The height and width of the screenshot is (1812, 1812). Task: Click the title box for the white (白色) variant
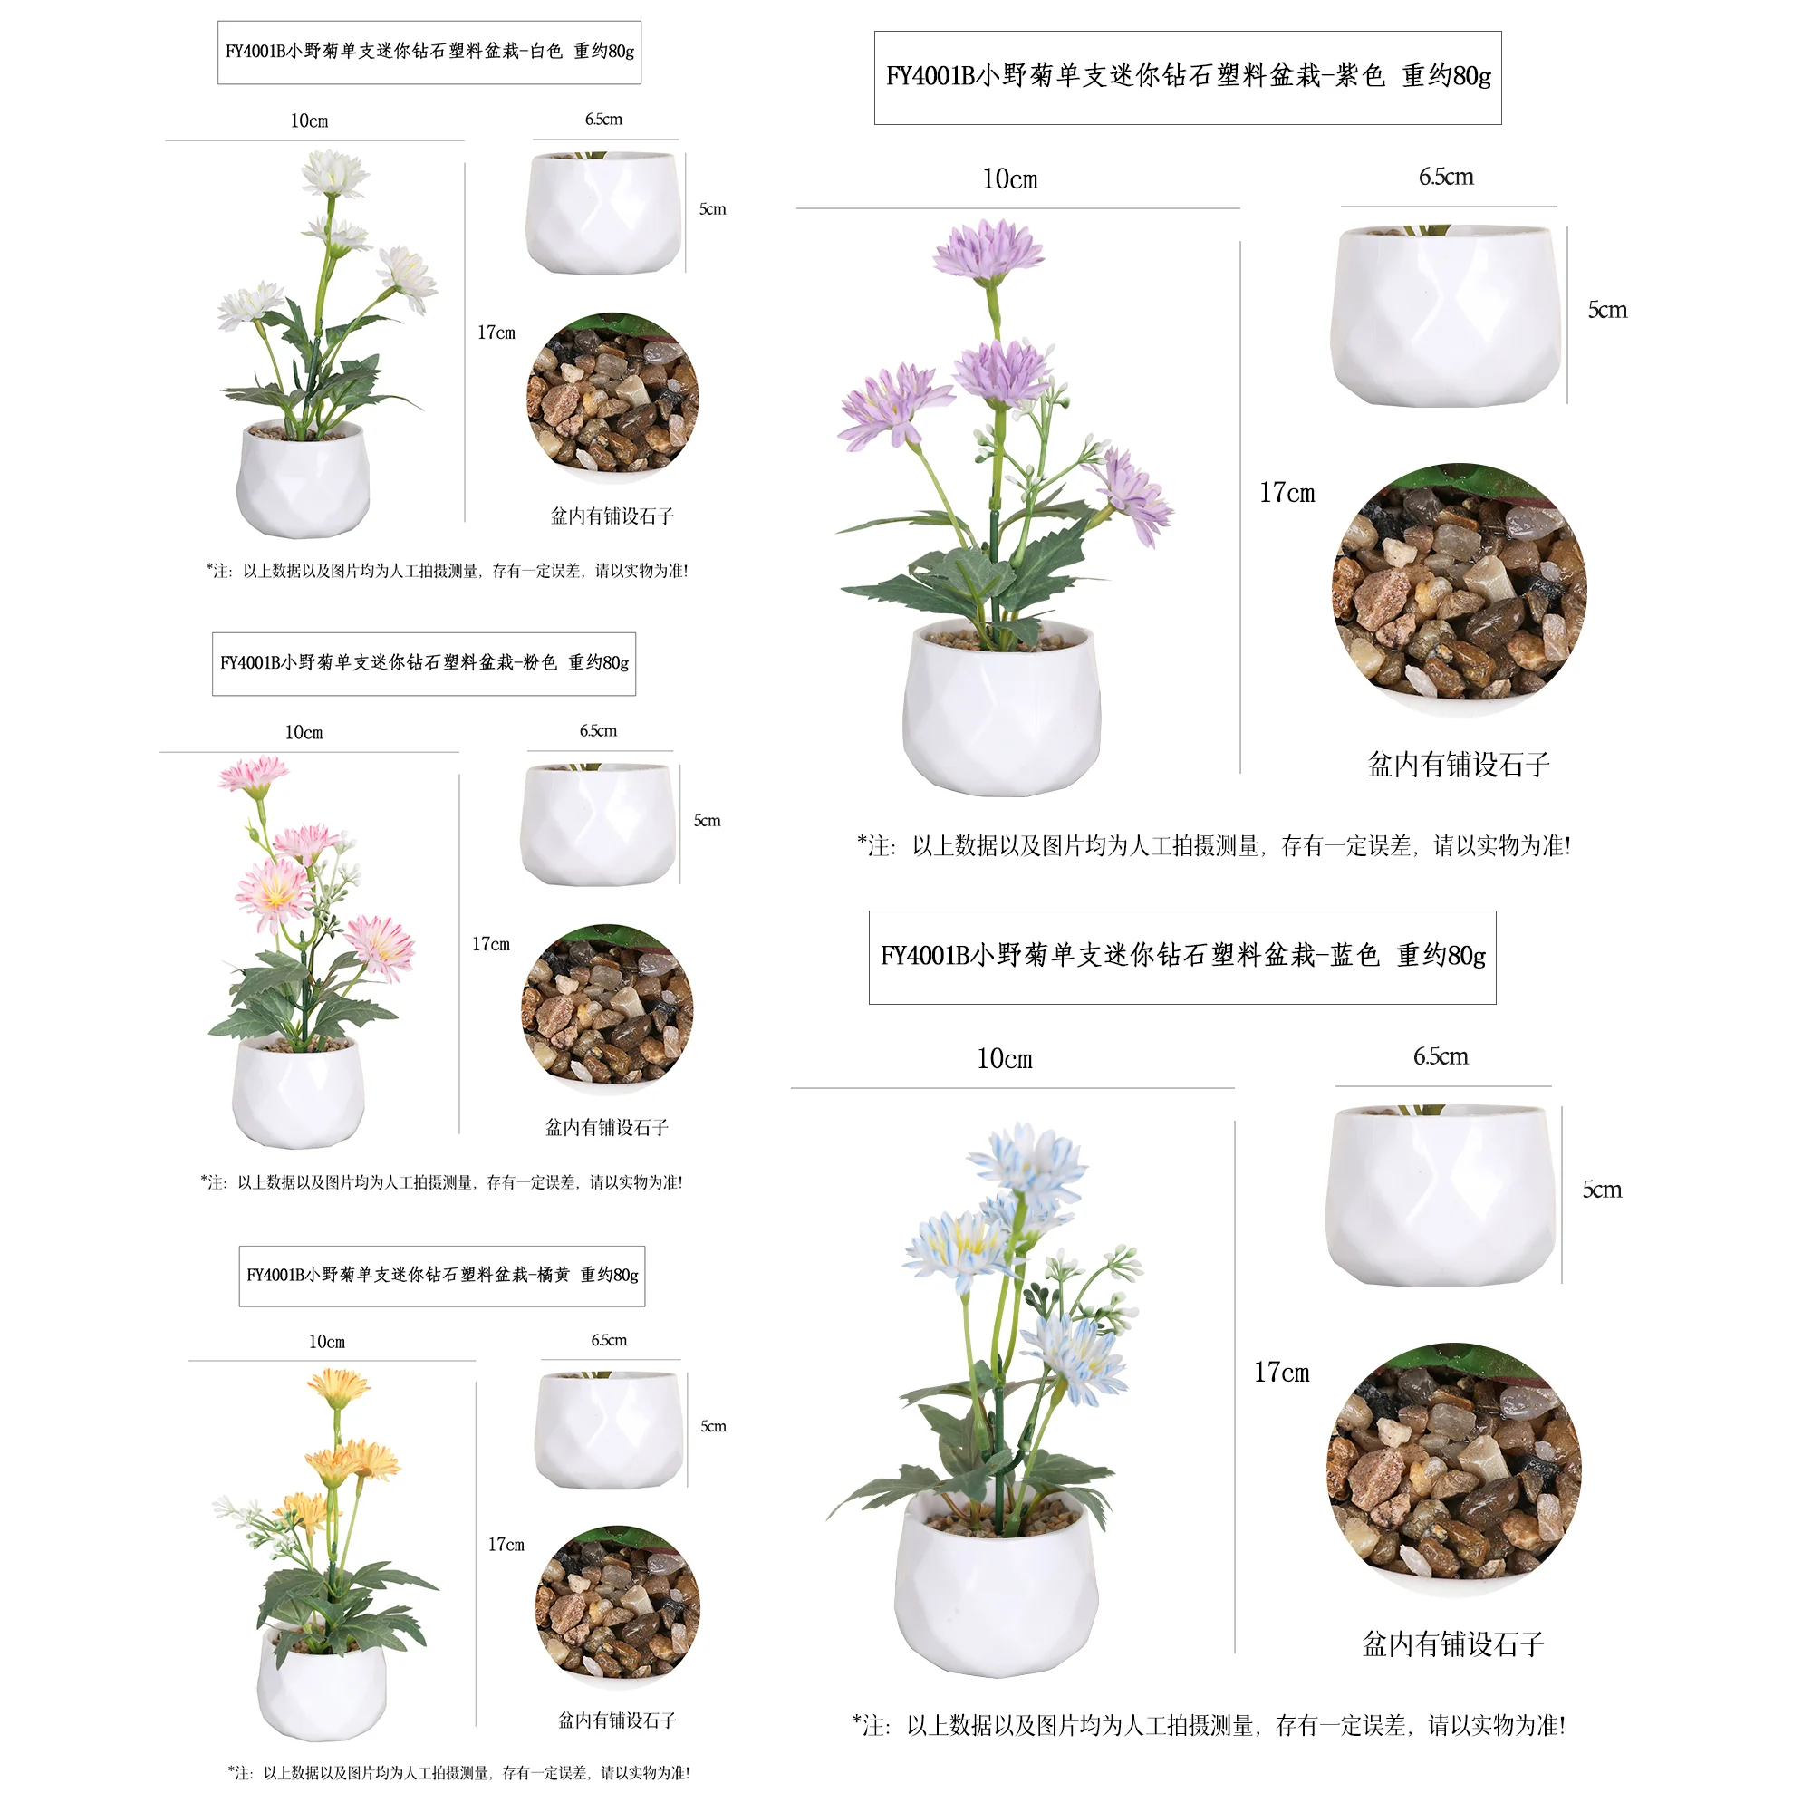click(x=429, y=53)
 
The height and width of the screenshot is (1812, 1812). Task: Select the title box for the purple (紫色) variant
click(x=1188, y=77)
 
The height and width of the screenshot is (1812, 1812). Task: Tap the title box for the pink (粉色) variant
click(x=424, y=664)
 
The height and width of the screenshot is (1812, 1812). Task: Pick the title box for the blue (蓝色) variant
click(x=1181, y=957)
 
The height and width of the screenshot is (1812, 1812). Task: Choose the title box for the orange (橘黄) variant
click(x=442, y=1276)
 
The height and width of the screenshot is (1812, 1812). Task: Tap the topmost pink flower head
click(x=254, y=776)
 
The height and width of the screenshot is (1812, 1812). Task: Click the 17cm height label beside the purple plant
click(x=1287, y=494)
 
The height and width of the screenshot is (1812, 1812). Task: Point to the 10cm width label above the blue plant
click(x=1005, y=1060)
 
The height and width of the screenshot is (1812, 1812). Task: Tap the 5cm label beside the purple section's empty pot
click(x=1606, y=311)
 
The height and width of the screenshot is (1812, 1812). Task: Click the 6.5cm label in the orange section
click(x=609, y=1340)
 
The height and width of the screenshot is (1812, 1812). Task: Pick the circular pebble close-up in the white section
click(x=612, y=398)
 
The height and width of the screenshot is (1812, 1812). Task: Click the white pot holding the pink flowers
click(x=298, y=1094)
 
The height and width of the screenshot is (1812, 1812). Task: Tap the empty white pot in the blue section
click(x=1441, y=1195)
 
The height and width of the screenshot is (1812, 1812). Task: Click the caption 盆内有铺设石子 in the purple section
click(x=1459, y=766)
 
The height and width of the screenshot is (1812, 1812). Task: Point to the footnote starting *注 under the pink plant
click(x=442, y=1182)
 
